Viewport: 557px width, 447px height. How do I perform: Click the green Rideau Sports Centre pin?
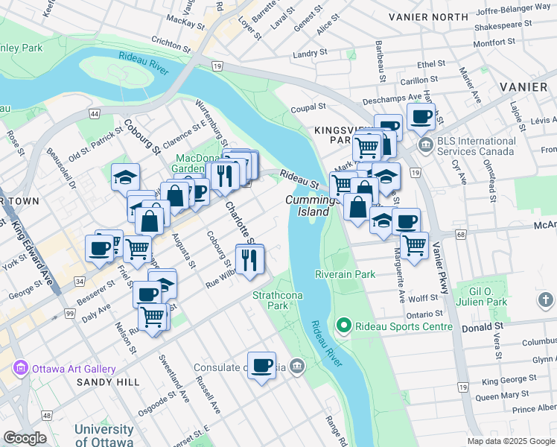pos(343,326)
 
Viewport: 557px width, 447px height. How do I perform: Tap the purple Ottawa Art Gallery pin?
pos(20,369)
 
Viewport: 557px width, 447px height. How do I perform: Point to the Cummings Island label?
pos(308,206)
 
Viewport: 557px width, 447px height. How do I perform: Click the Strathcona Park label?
pos(270,300)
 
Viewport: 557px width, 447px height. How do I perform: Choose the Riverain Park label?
pos(344,274)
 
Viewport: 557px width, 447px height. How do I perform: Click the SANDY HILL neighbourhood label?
pos(107,382)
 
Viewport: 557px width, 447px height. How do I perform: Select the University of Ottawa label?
pos(104,435)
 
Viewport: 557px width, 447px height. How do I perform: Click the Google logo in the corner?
pos(25,438)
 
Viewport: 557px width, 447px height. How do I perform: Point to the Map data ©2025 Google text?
pos(510,441)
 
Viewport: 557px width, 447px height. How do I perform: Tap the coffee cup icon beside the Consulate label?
pos(261,366)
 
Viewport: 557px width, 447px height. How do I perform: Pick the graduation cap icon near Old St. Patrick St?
pos(126,177)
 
